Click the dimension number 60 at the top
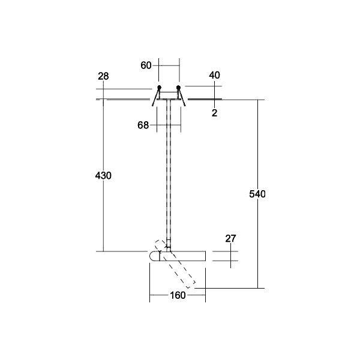click(146, 65)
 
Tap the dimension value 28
click(103, 76)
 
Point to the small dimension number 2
click(214, 112)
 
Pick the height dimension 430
click(103, 176)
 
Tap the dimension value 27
click(231, 239)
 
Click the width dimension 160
click(178, 295)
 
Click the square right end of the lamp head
click(205, 256)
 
